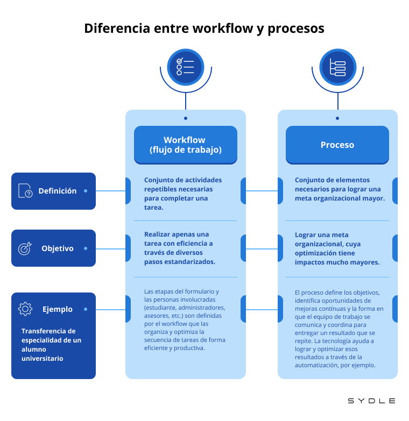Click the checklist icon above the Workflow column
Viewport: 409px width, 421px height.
[186, 67]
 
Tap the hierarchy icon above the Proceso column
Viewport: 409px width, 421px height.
[337, 67]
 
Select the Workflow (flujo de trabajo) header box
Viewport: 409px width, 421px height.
[185, 145]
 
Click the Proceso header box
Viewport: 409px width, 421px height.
[337, 145]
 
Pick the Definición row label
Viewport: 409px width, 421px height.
[57, 191]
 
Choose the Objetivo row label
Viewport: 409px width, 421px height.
[57, 248]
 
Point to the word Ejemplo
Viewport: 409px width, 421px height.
[58, 309]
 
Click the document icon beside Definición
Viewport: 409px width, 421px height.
[25, 191]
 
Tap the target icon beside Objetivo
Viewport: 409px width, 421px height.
[25, 248]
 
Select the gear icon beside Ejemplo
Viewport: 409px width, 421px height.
[25, 309]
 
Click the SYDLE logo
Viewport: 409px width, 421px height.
[371, 401]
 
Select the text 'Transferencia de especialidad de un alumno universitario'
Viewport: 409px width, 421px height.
[52, 345]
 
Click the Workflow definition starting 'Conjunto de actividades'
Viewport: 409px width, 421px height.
[183, 194]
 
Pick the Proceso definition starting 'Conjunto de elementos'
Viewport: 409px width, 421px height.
[340, 189]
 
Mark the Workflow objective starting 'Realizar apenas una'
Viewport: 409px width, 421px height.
[180, 248]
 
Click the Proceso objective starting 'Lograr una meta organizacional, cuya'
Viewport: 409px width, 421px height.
[337, 248]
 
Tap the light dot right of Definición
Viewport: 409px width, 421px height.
[86, 191]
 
